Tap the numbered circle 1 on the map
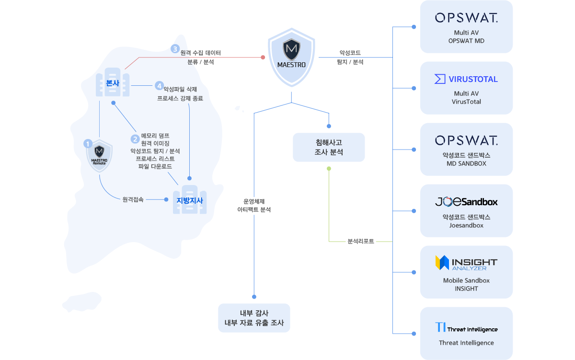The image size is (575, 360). tap(87, 143)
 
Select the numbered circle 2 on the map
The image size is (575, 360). tap(135, 139)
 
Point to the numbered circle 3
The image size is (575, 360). tap(175, 49)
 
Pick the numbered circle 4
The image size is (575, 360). tap(159, 86)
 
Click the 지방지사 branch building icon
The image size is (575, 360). tap(190, 200)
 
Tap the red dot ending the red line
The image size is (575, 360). tap(263, 57)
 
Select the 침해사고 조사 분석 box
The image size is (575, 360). tap(329, 147)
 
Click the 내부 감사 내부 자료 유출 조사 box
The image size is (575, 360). tap(254, 318)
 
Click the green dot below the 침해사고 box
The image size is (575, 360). tap(329, 168)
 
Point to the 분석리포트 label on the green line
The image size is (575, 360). tap(361, 241)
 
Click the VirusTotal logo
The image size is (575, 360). tap(466, 79)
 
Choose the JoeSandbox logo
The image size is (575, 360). tap(466, 202)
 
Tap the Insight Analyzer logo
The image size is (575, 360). tap(466, 263)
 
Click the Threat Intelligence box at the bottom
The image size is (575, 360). tap(466, 333)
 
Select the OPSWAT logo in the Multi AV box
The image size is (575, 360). tap(466, 18)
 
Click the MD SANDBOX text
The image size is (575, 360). tap(466, 163)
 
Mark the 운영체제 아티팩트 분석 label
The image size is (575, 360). tap(254, 206)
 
